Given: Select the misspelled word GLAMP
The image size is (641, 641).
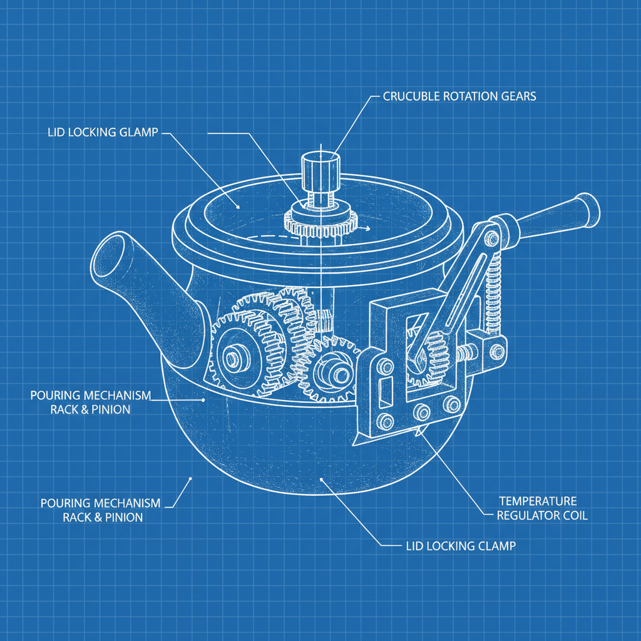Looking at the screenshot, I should click(x=140, y=133).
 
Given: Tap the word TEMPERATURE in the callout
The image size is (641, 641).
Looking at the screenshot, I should click(x=538, y=501).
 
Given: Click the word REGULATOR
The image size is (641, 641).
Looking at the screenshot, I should click(x=525, y=516).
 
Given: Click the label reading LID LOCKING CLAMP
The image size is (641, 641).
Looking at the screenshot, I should click(x=457, y=546).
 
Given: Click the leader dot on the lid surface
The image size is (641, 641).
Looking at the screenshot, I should click(x=237, y=206).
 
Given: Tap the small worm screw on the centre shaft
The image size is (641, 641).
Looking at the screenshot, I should click(x=323, y=321).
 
